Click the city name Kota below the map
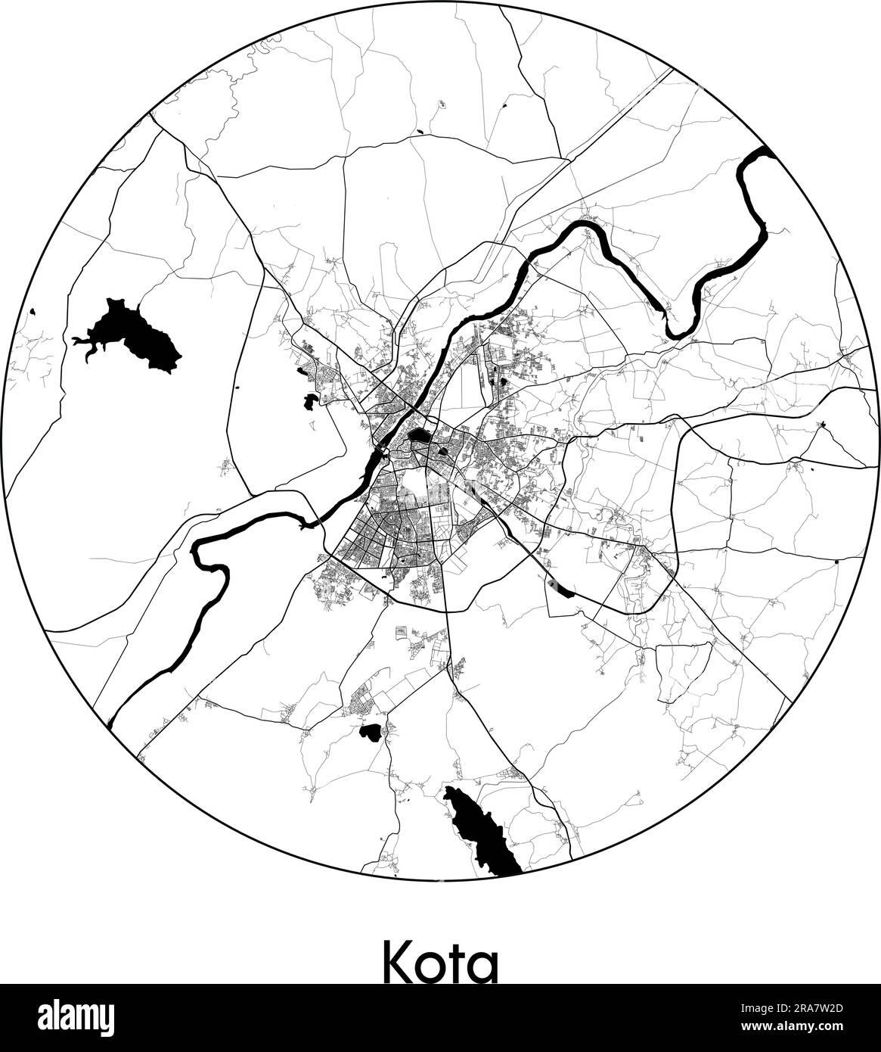[x=441, y=961]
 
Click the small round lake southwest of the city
[x=371, y=731]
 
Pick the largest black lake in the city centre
[x=418, y=437]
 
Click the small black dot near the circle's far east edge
[x=836, y=562]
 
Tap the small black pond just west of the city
[x=309, y=401]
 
